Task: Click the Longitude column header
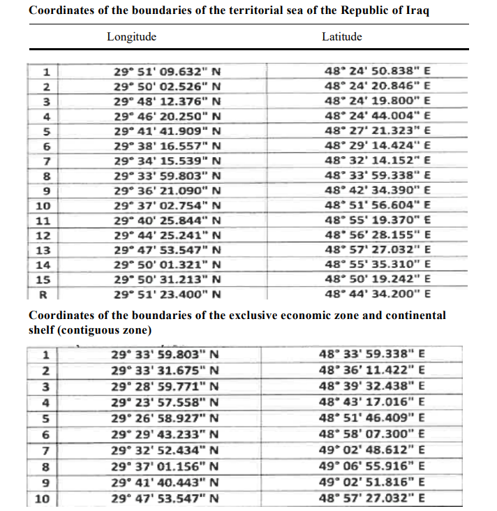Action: coord(131,37)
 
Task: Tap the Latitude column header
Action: coord(341,37)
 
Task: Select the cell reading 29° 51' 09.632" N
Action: coord(167,71)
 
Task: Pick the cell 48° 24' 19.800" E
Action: coord(377,100)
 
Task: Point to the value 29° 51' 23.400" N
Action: coord(167,293)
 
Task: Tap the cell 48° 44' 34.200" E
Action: coord(377,293)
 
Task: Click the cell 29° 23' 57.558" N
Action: coord(166,402)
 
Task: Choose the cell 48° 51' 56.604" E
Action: coord(377,205)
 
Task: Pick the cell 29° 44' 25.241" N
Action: coord(167,235)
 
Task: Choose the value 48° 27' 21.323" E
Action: coord(377,130)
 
